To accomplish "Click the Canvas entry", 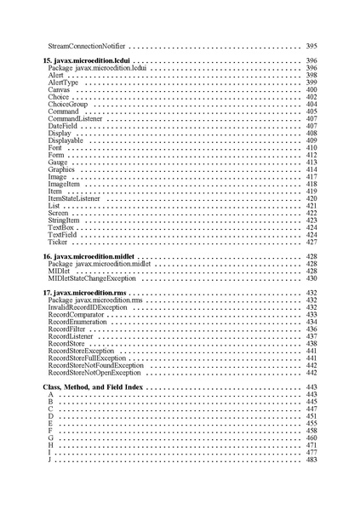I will coord(59,89).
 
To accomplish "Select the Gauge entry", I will coord(58,163).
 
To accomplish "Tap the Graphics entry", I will coord(62,170).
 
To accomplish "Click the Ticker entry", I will coord(58,243).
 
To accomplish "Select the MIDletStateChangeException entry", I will coord(92,278).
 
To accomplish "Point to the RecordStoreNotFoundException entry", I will coord(96,366).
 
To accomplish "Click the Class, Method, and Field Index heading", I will coord(93,387).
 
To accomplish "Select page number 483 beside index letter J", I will coord(311,460).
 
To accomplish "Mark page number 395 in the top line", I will coord(311,44).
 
